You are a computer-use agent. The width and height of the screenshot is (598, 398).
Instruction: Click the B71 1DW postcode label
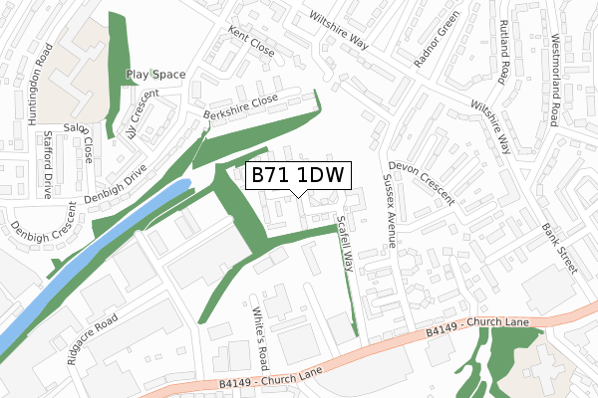[296, 176]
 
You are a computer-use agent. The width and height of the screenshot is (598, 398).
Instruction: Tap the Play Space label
[155, 75]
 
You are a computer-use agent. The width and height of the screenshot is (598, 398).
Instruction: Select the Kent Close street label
[250, 42]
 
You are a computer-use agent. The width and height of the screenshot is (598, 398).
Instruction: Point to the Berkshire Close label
[239, 106]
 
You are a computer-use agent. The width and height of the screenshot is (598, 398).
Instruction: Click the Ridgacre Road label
[94, 338]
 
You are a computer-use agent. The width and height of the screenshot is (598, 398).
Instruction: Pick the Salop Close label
[80, 142]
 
